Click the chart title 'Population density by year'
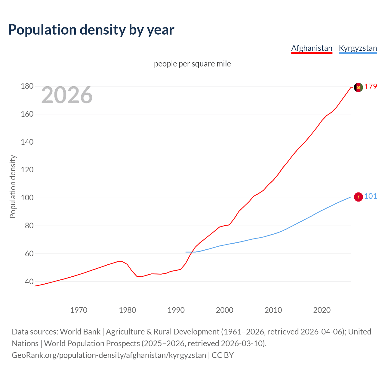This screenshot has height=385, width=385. (x=91, y=30)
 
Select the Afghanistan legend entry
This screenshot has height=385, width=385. (x=312, y=48)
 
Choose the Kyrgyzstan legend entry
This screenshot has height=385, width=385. (x=358, y=48)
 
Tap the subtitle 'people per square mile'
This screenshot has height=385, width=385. (x=192, y=64)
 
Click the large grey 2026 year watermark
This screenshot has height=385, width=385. (x=67, y=95)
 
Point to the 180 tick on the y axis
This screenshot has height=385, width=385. (x=27, y=86)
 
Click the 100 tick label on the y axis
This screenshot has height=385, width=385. (x=27, y=198)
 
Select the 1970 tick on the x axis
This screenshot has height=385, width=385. (x=79, y=310)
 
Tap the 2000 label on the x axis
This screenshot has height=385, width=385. (x=225, y=310)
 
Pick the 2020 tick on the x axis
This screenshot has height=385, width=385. (x=322, y=310)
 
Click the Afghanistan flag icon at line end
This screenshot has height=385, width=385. (x=358, y=87)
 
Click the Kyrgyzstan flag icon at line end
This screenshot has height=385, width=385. (x=358, y=197)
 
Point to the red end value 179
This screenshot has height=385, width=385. (x=371, y=87)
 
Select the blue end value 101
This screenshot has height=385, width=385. (x=371, y=196)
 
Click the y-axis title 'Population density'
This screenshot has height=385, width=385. (x=13, y=186)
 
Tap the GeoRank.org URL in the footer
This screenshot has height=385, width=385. (x=109, y=355)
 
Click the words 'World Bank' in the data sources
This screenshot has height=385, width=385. (x=80, y=332)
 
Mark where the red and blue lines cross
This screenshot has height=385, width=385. (x=192, y=252)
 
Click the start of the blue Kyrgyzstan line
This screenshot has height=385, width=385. (x=186, y=252)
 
